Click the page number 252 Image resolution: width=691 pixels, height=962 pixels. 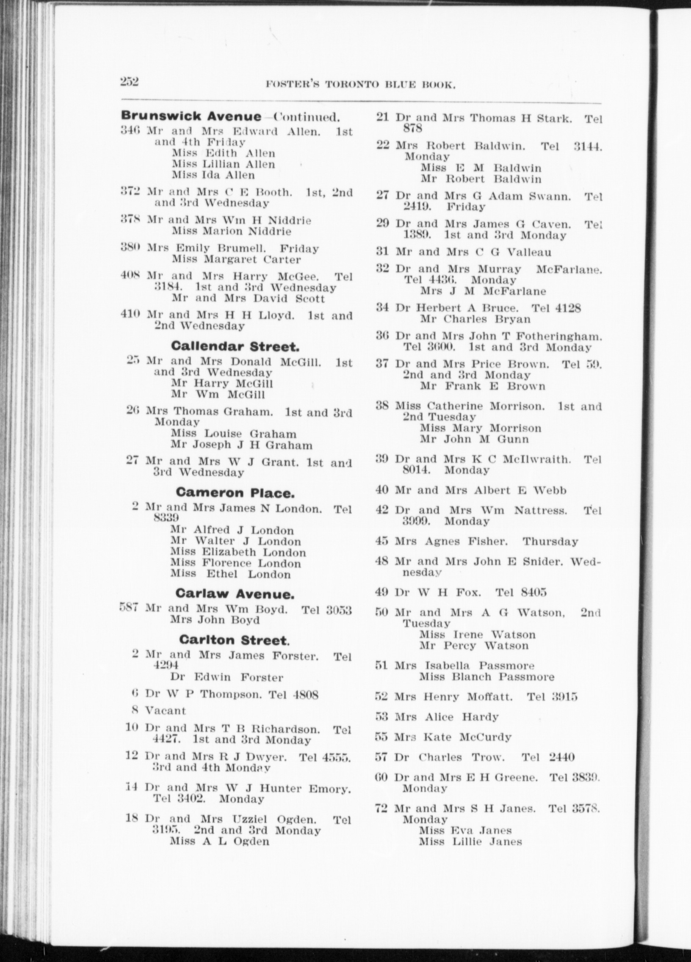pyautogui.click(x=130, y=81)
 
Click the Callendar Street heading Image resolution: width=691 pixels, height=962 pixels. pyautogui.click(x=235, y=346)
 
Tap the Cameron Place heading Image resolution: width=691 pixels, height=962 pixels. pyautogui.click(x=235, y=492)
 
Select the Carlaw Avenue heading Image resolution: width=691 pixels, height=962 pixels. pyautogui.click(x=235, y=594)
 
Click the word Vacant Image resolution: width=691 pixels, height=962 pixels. pyautogui.click(x=166, y=710)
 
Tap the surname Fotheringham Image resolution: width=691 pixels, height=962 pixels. pyautogui.click(x=559, y=337)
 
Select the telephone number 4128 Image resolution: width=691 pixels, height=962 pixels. pyautogui.click(x=567, y=308)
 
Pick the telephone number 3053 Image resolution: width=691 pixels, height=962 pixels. pyautogui.click(x=339, y=611)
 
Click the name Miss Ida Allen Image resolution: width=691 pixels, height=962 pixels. pyautogui.click(x=213, y=175)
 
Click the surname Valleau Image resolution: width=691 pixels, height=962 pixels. pyautogui.click(x=529, y=252)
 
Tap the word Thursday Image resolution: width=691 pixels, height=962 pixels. pyautogui.click(x=550, y=542)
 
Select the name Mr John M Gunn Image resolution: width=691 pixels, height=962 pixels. pyautogui.click(x=475, y=439)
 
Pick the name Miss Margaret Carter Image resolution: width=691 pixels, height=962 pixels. pyautogui.click(x=236, y=259)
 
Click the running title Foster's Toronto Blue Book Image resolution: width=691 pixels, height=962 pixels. pyautogui.click(x=360, y=85)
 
